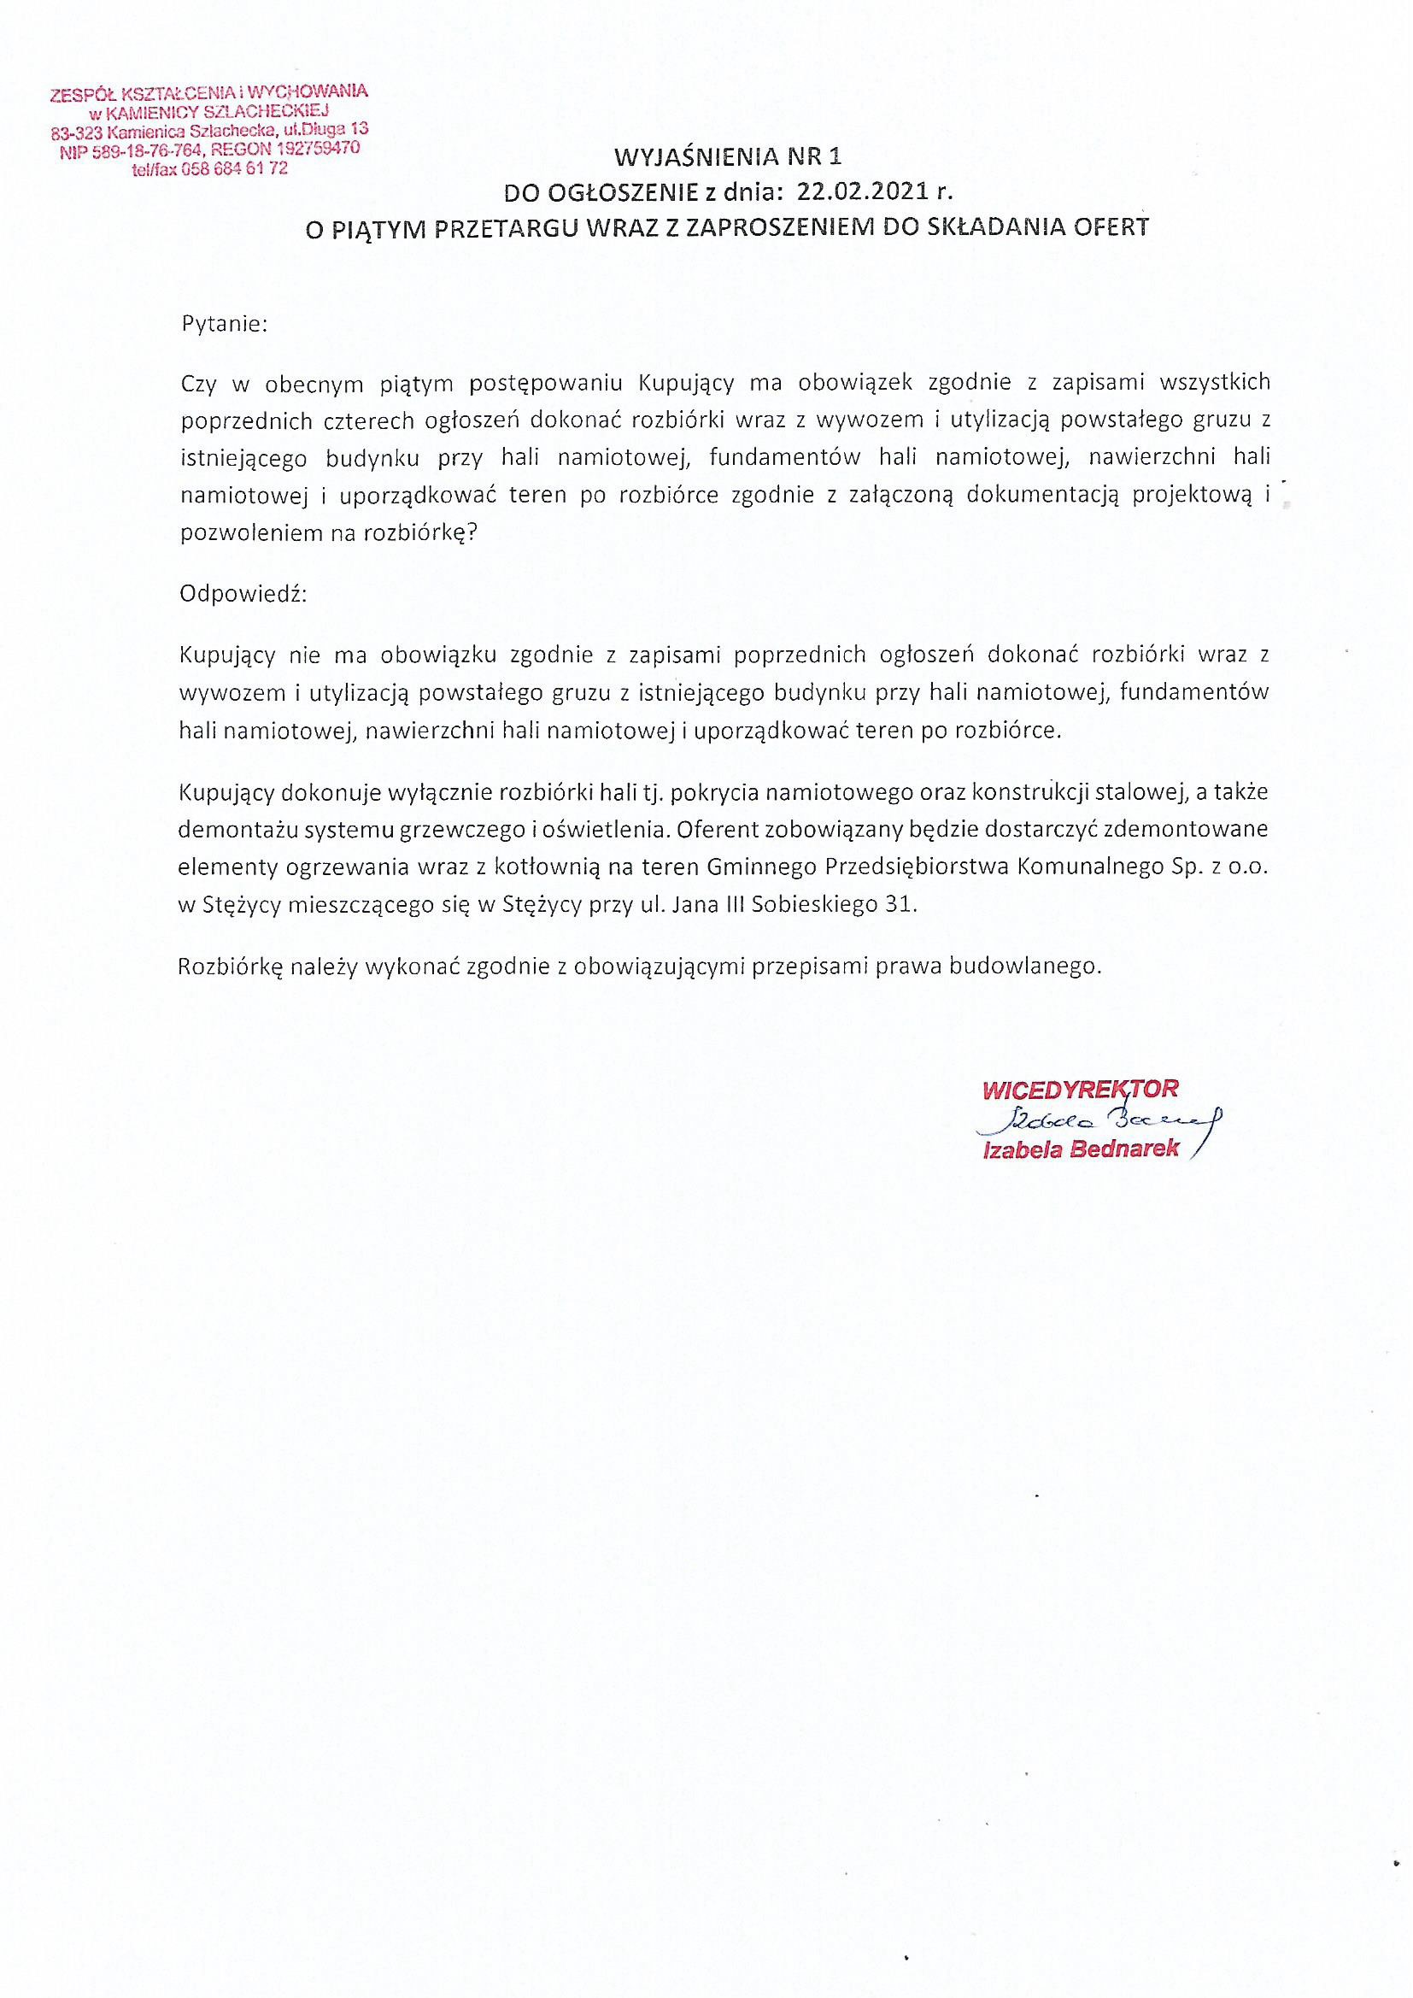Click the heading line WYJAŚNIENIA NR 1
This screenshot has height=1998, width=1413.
(x=728, y=157)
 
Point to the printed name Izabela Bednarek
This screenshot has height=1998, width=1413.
(x=1081, y=1149)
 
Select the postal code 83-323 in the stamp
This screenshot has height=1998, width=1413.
(x=76, y=134)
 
